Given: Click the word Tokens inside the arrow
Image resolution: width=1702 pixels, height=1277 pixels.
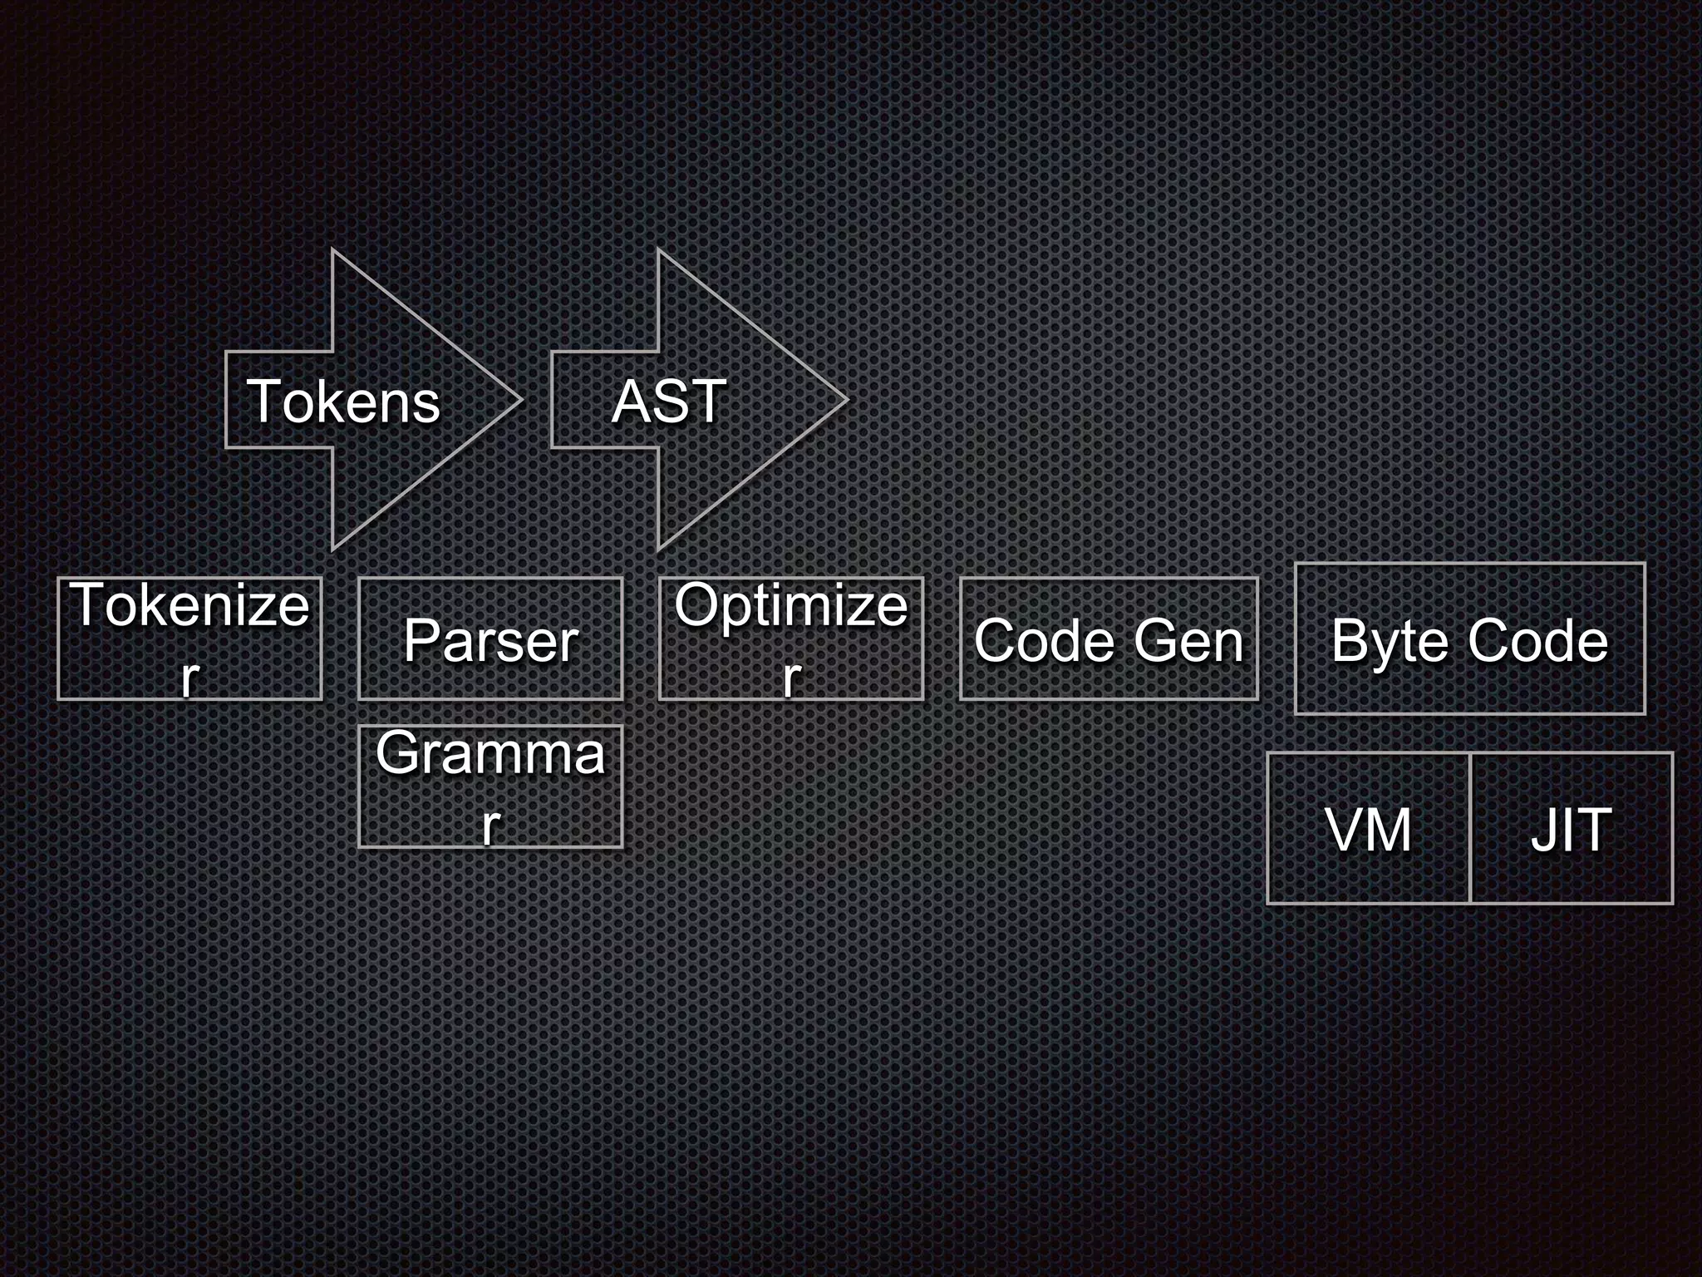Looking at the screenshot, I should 343,402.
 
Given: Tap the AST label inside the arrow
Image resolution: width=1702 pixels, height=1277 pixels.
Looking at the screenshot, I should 669,402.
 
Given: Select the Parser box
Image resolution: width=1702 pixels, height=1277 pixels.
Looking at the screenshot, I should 490,639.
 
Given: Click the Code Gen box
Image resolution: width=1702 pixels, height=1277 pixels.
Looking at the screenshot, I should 1109,639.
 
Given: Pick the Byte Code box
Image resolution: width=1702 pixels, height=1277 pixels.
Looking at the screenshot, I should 1469,639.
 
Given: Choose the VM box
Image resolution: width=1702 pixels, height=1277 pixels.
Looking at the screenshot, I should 1368,829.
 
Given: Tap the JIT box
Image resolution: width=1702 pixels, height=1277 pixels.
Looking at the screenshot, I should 1571,829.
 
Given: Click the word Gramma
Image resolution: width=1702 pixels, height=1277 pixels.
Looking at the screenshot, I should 490,753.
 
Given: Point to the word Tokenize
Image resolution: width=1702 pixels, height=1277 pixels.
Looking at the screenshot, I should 190,605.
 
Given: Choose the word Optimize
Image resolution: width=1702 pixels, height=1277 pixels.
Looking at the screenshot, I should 791,605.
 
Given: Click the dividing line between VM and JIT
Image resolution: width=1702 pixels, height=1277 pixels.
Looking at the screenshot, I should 1470,829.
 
